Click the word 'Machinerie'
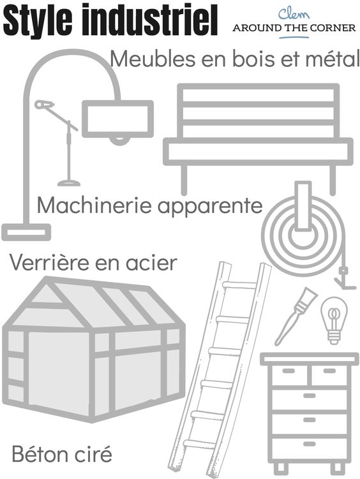click(x=94, y=206)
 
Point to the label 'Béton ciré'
click(x=62, y=455)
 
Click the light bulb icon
click(x=333, y=320)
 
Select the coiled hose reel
click(x=303, y=232)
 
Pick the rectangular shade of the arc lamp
click(x=117, y=119)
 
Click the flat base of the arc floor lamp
click(x=26, y=232)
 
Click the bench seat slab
click(x=258, y=151)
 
